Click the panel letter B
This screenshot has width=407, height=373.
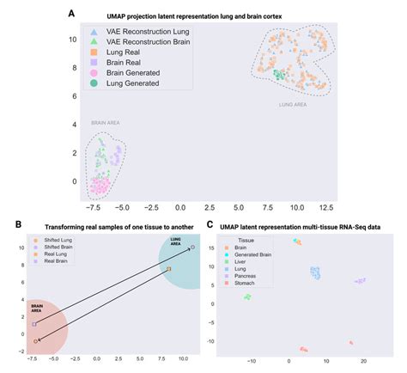pyautogui.click(x=6, y=226)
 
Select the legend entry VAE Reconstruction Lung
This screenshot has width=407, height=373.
pyautogui.click(x=145, y=30)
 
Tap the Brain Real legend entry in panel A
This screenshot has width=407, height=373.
pyautogui.click(x=125, y=62)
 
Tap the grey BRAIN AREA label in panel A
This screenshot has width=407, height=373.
pyautogui.click(x=103, y=123)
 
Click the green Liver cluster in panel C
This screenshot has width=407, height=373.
pyautogui.click(x=248, y=297)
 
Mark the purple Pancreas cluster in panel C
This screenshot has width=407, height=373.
pyautogui.click(x=360, y=281)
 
